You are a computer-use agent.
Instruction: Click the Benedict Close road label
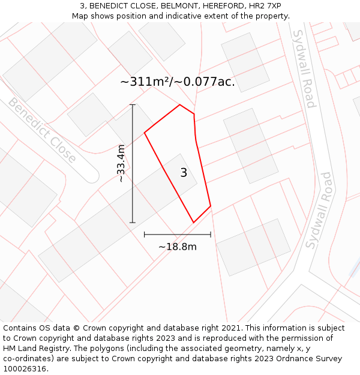pos(42,130)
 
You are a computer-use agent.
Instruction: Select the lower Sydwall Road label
pos(319,210)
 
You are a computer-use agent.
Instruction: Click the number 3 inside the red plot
pos(184,173)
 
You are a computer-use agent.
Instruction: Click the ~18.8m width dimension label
pos(178,247)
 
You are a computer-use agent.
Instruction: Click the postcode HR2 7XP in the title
pos(265,6)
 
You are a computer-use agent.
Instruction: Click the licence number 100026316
pos(25,368)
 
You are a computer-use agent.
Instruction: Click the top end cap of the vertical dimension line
pos(133,105)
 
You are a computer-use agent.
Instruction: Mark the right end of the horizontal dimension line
pos(211,235)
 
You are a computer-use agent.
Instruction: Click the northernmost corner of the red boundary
pos(180,105)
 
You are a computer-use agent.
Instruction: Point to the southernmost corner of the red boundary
pos(193,223)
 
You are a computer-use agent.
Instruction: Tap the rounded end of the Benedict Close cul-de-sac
pos(91,176)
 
